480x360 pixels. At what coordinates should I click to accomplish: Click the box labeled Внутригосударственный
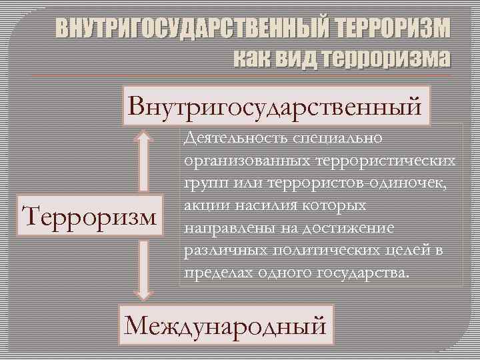[x=276, y=105]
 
